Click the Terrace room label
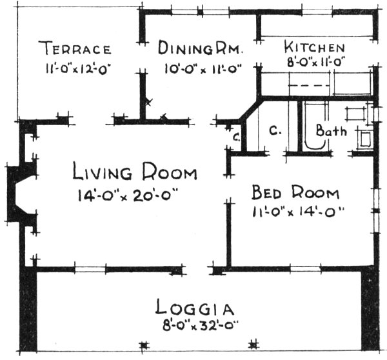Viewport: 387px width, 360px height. (x=76, y=48)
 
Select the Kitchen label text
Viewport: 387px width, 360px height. (x=315, y=48)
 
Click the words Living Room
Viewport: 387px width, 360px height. (x=134, y=173)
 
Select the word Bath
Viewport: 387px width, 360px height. (x=331, y=131)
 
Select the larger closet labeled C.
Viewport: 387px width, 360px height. (x=273, y=130)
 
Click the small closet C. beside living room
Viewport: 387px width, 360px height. (x=237, y=137)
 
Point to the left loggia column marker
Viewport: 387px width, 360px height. (x=143, y=343)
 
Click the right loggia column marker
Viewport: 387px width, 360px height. (x=254, y=343)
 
